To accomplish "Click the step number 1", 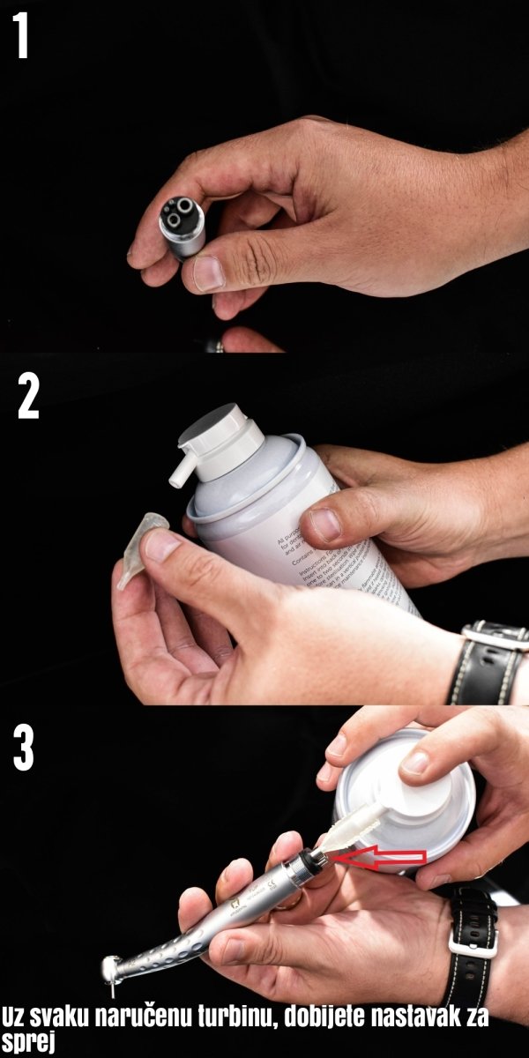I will pos(21,37).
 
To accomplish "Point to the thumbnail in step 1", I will pos(209,273).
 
